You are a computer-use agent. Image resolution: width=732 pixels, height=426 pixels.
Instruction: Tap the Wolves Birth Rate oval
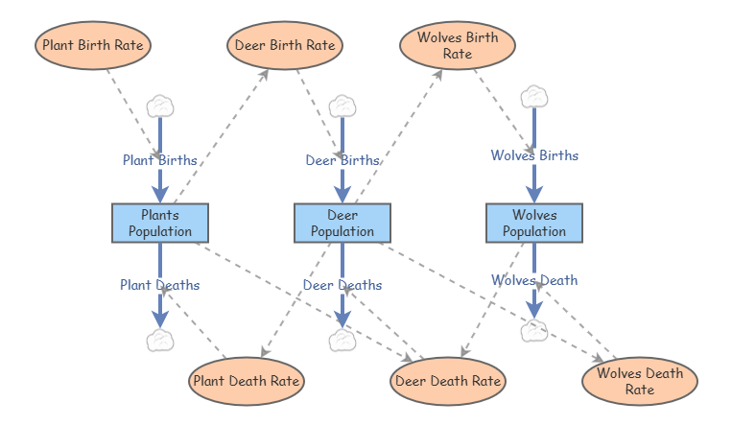point(458,45)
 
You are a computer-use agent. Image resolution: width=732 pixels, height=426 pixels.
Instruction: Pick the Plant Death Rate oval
point(248,381)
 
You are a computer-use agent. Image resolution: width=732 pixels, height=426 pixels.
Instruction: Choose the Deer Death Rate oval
point(448,381)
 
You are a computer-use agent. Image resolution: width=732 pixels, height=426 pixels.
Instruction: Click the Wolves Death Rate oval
point(640,381)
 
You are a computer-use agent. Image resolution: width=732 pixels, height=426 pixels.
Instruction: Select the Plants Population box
point(160,223)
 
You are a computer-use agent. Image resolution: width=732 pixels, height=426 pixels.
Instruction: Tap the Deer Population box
point(342,223)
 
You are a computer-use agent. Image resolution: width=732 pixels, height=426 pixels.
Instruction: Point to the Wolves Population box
point(534,223)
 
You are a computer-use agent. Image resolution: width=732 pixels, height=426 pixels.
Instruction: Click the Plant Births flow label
point(159,160)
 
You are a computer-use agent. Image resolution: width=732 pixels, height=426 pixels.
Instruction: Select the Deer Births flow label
point(342,160)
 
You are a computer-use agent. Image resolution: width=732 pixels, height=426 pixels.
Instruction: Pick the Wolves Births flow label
point(534,154)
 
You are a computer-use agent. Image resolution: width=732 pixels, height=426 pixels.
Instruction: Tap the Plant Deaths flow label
point(159,284)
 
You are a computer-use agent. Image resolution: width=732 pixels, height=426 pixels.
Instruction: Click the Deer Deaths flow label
point(342,285)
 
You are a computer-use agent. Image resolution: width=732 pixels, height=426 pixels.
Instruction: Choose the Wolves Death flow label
point(534,280)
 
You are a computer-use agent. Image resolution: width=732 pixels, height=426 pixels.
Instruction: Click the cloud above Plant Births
point(159,105)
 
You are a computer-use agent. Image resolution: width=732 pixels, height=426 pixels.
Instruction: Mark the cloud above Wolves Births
point(534,96)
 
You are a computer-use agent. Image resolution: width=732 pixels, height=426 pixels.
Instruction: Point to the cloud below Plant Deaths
point(159,340)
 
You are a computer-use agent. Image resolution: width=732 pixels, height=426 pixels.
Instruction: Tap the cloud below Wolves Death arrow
point(534,331)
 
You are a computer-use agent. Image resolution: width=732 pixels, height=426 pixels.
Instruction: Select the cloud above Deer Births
point(342,105)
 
